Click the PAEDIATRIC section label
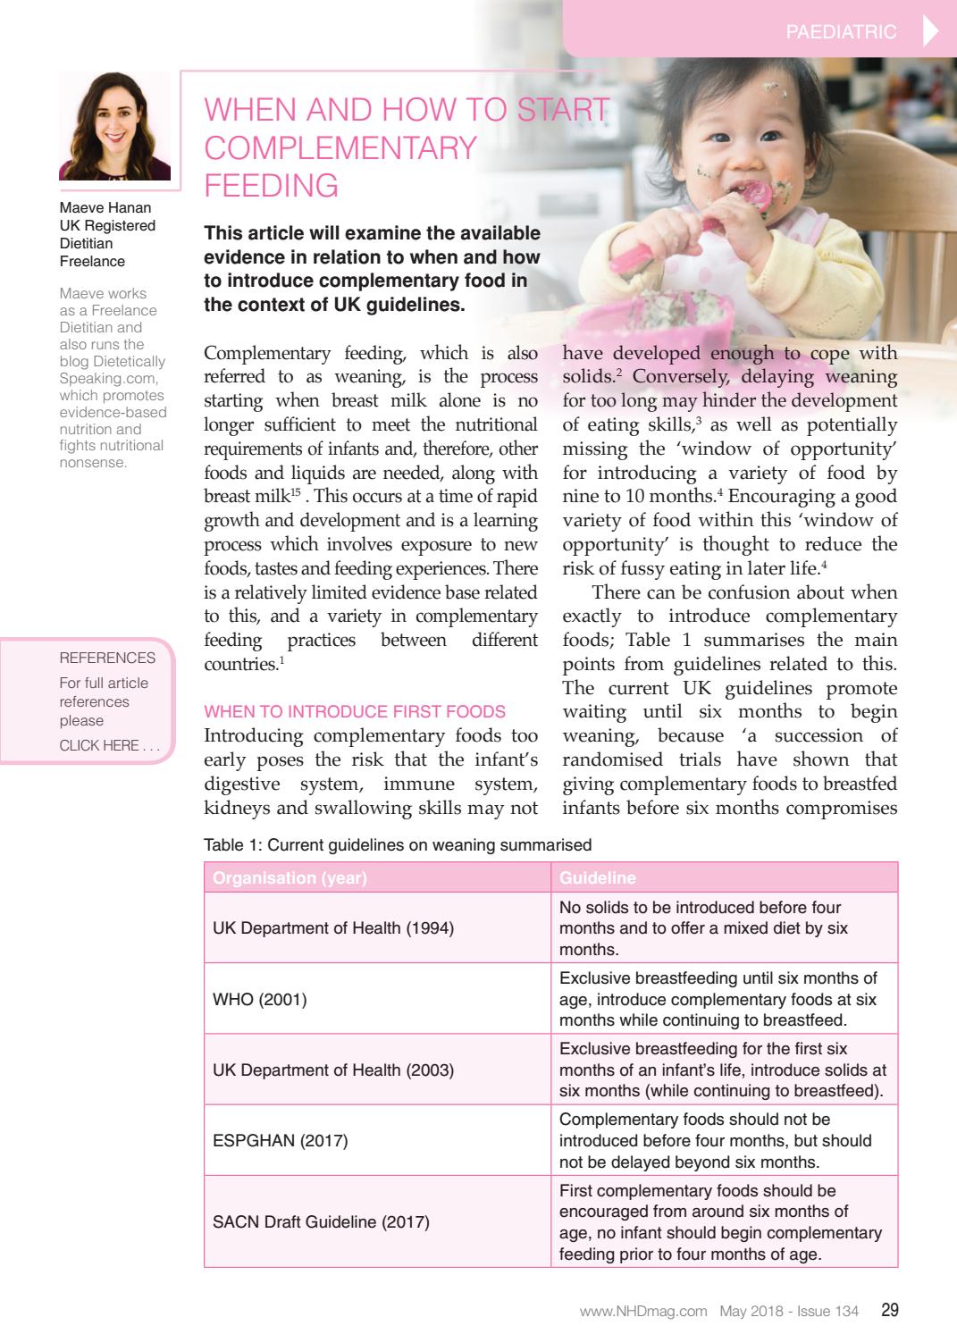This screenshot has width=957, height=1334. (841, 32)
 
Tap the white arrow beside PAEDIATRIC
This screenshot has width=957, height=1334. (929, 31)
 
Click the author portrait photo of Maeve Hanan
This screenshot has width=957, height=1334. (114, 127)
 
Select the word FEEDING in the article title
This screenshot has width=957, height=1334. (272, 185)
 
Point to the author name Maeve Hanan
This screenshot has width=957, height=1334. (105, 208)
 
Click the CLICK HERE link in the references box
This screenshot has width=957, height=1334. (108, 745)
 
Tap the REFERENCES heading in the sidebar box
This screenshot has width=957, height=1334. (107, 658)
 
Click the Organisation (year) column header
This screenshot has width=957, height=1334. (290, 877)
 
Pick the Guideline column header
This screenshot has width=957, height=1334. (597, 877)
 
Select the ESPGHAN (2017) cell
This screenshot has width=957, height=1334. (280, 1141)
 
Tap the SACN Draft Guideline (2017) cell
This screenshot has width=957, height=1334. (321, 1221)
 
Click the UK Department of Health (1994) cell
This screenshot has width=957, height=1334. (332, 927)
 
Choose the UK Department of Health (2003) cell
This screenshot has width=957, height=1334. (332, 1070)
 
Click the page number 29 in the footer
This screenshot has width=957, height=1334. (889, 1311)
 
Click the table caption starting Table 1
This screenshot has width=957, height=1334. (398, 844)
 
